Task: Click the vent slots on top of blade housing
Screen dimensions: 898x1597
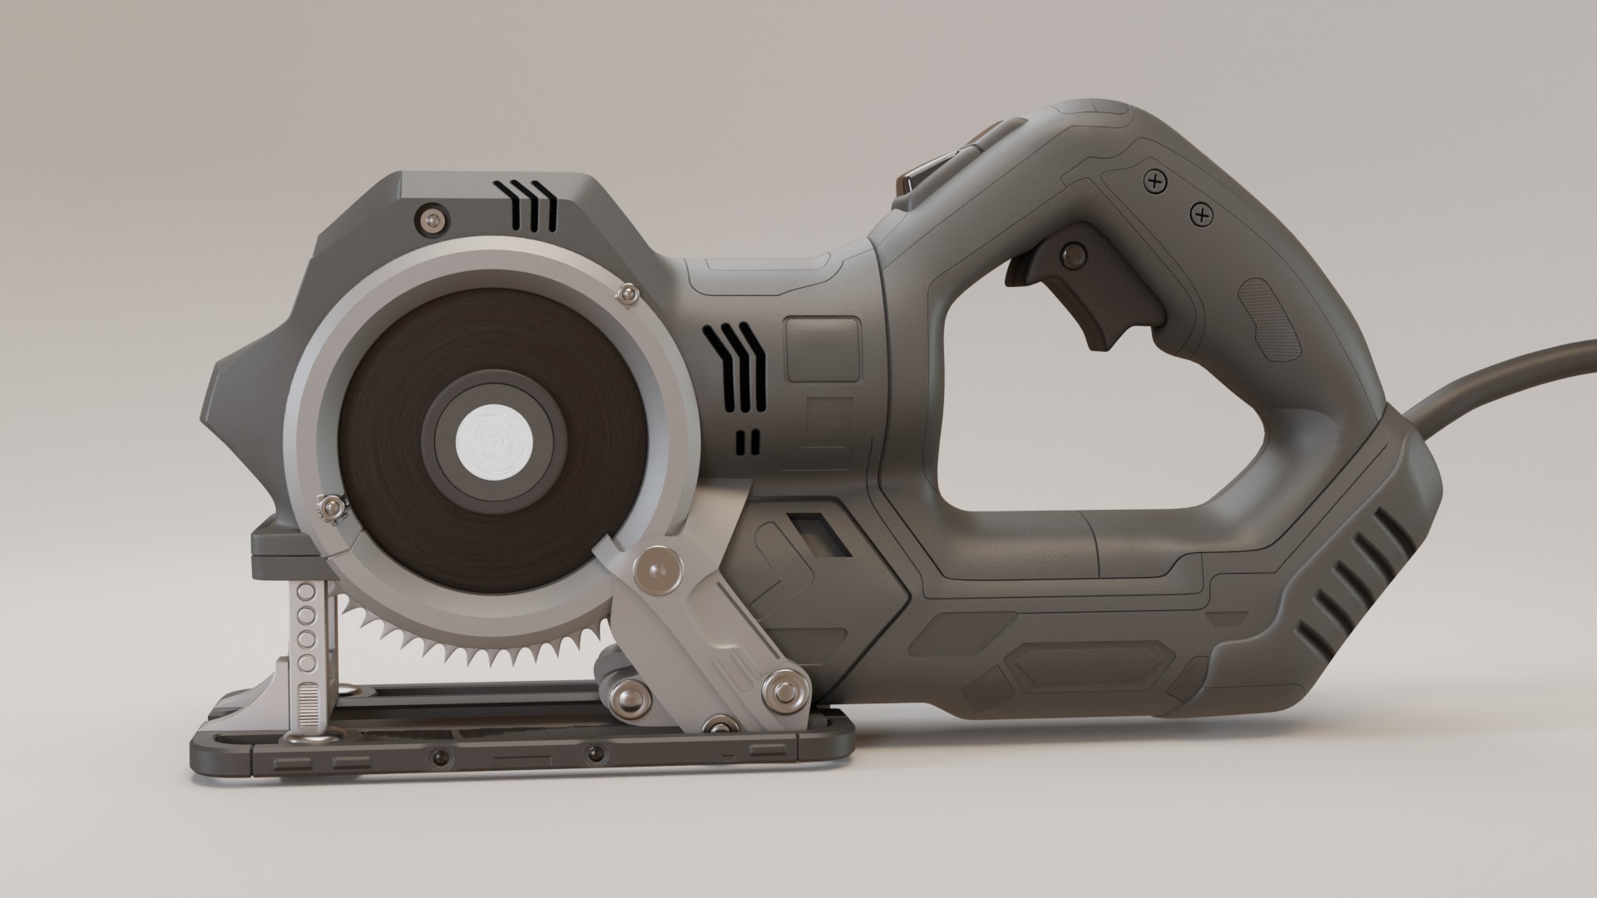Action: click(x=532, y=207)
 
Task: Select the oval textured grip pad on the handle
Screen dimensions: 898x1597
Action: click(x=1268, y=321)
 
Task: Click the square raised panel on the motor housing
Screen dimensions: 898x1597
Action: click(x=822, y=348)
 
